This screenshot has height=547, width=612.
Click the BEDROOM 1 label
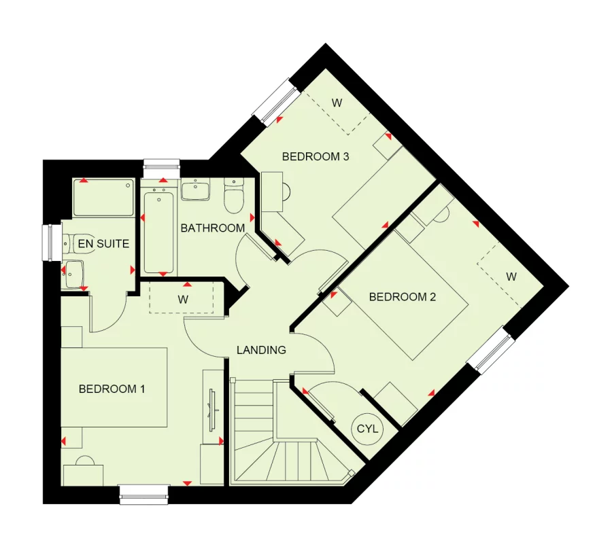(112, 389)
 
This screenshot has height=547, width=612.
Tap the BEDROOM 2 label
(402, 297)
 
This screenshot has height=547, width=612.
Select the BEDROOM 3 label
(316, 157)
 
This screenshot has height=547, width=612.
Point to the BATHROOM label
(212, 228)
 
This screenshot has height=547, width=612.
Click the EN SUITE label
(103, 243)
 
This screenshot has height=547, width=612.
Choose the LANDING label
(261, 351)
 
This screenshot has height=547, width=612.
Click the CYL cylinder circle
(368, 429)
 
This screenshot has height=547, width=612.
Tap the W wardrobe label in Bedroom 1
(183, 299)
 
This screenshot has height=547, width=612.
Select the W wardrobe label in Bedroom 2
(511, 277)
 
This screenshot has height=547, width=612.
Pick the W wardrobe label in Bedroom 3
(336, 103)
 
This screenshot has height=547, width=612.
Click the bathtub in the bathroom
(160, 231)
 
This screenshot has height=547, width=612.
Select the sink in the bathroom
(196, 190)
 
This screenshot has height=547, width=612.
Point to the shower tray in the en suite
(103, 198)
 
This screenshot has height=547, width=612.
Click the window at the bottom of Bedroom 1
(144, 494)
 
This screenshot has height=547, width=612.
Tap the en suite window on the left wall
(48, 243)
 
